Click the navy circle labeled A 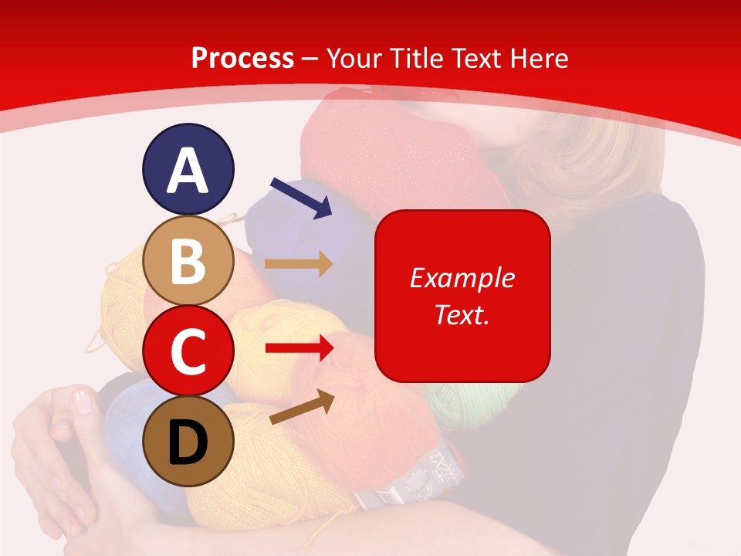(x=188, y=169)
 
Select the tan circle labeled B (x=188, y=260)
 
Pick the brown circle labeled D (x=188, y=441)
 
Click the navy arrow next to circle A (x=301, y=197)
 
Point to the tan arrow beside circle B (x=299, y=263)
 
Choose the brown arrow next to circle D (x=302, y=407)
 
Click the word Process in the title (x=242, y=58)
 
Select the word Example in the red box (x=462, y=278)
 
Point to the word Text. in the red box (x=462, y=314)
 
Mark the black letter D (x=188, y=442)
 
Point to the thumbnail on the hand (x=82, y=402)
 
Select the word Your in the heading (x=352, y=58)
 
